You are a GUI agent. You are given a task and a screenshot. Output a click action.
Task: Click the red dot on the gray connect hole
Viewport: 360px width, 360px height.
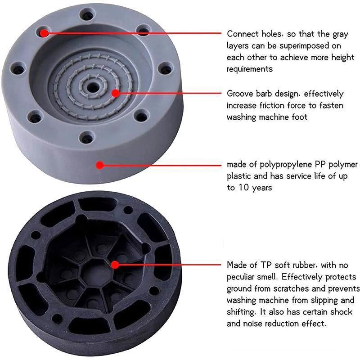tap(44, 33)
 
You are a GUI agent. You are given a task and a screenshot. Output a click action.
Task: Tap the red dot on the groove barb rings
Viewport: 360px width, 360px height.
tap(116, 93)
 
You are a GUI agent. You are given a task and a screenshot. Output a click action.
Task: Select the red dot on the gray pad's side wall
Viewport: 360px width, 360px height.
tap(99, 165)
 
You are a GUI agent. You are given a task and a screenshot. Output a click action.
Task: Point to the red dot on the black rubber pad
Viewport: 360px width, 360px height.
tap(115, 265)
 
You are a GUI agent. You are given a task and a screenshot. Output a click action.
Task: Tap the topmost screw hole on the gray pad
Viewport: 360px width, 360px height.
tap(87, 15)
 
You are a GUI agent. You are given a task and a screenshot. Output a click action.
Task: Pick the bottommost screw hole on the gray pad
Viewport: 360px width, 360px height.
tap(86, 138)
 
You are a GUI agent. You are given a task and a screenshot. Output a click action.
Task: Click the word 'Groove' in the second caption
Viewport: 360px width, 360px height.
tap(240, 94)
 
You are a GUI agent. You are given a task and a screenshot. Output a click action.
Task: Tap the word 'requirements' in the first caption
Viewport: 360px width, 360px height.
tap(250, 69)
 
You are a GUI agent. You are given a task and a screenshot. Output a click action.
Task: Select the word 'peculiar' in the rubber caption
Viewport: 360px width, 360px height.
tap(240, 277)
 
